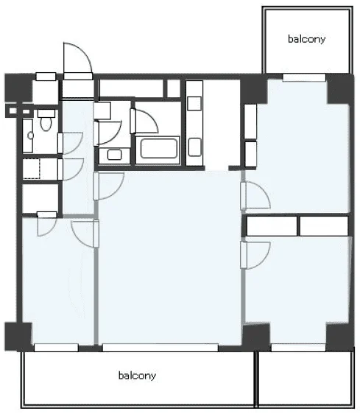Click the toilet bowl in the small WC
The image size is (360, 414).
[46, 124]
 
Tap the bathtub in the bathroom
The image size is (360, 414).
[158, 148]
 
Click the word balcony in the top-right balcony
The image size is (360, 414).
[306, 39]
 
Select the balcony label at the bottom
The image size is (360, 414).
[137, 376]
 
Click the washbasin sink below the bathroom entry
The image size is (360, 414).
[115, 155]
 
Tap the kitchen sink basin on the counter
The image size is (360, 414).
[195, 147]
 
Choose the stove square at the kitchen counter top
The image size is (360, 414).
[194, 103]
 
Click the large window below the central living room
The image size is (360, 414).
[160, 348]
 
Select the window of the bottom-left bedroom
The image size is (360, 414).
[56, 348]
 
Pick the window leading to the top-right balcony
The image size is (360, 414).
[304, 77]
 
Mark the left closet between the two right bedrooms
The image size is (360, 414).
[272, 226]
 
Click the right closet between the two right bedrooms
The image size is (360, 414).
[324, 226]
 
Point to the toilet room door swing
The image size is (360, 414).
[71, 143]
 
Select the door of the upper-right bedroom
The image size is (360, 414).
[255, 196]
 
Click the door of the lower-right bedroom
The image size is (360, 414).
[255, 255]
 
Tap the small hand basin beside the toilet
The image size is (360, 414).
[31, 136]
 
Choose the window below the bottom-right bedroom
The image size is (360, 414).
[298, 348]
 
